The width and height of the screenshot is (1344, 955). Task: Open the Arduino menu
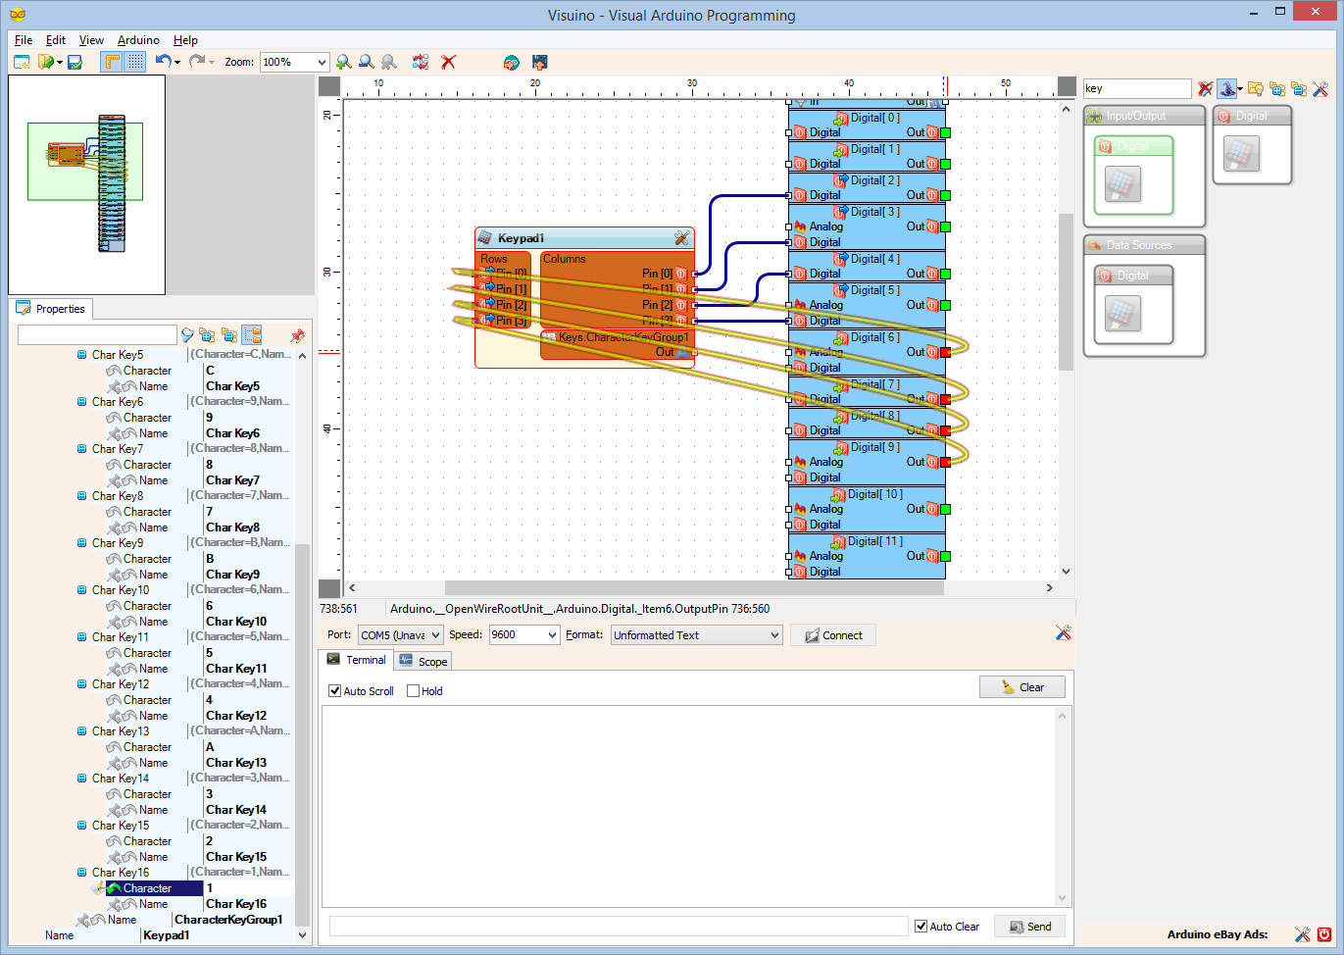tap(138, 40)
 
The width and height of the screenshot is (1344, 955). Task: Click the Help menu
tap(185, 40)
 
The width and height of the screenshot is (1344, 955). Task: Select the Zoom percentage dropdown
tap(293, 62)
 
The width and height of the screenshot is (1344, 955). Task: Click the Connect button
tap(832, 635)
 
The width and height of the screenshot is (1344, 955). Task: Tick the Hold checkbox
tap(414, 691)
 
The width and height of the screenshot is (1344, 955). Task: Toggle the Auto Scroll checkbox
tap(335, 691)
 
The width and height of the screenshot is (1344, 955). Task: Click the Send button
tap(1029, 927)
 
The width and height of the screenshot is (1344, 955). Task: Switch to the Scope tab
tap(423, 661)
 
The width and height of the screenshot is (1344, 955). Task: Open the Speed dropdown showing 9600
tap(523, 635)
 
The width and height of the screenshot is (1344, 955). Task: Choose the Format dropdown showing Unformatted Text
tap(696, 635)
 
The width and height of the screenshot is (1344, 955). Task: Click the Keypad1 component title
tap(521, 238)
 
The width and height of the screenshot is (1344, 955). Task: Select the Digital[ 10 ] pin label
tap(874, 494)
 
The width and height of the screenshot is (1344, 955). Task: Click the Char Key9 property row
tap(118, 543)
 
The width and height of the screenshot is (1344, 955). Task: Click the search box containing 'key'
tap(1135, 88)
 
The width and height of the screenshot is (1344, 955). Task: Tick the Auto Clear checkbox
tap(921, 927)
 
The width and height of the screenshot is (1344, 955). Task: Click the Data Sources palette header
tap(1139, 245)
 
